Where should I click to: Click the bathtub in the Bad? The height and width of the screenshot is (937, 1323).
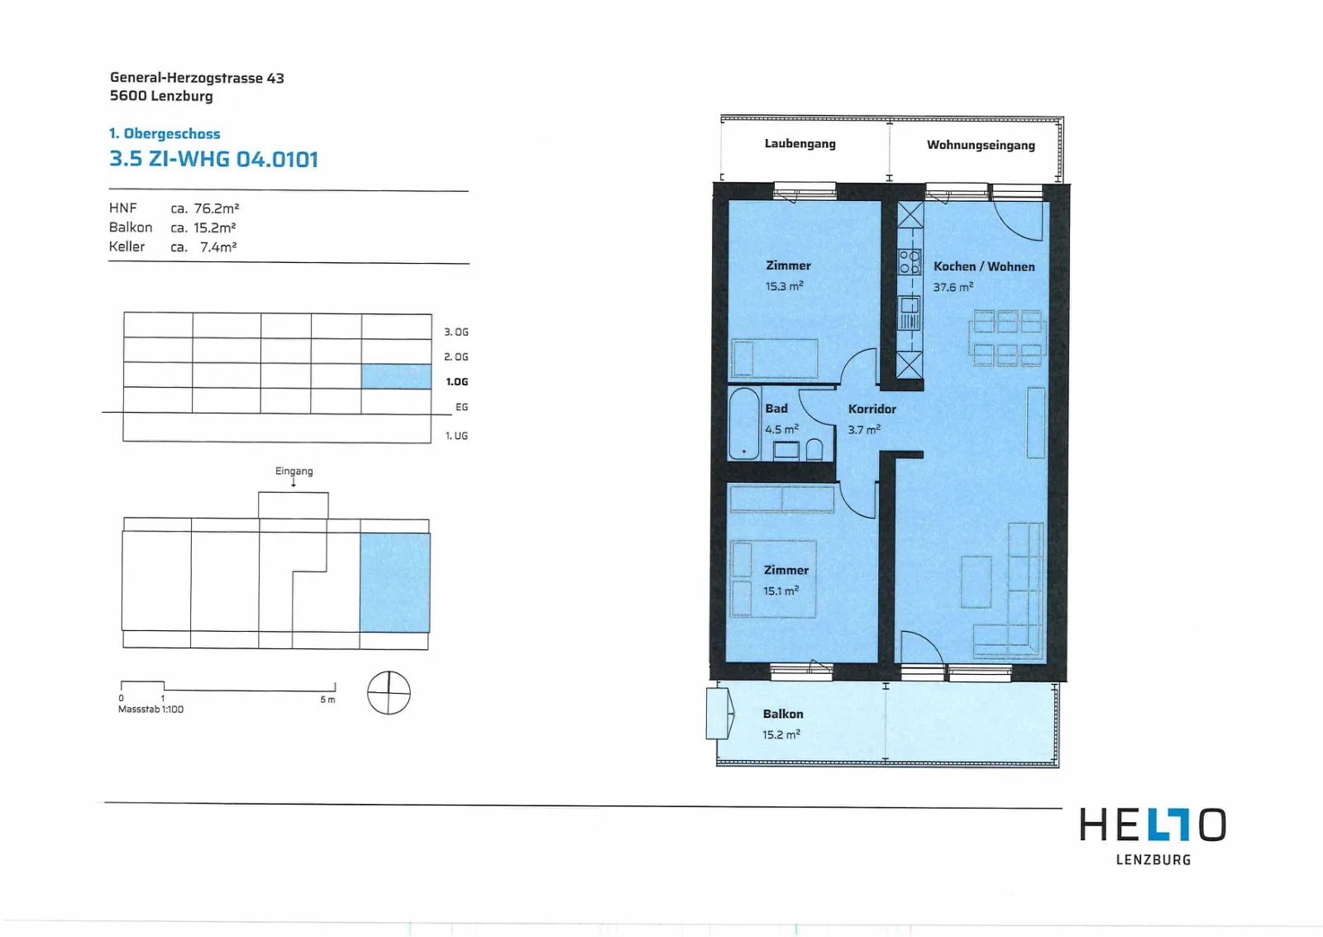[x=743, y=423]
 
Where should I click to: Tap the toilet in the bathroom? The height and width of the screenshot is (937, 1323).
[x=814, y=449]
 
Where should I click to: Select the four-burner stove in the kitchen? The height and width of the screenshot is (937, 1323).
[x=909, y=261]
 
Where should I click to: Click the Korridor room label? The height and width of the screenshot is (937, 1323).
[x=872, y=409]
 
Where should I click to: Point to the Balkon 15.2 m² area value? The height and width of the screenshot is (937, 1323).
[x=781, y=734]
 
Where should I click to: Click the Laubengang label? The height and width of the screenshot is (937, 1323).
[x=800, y=144]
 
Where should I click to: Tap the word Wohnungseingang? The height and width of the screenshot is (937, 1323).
[x=981, y=145]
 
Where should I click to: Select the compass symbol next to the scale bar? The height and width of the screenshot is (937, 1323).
[x=389, y=692]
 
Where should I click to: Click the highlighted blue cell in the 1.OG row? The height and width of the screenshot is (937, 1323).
[x=396, y=376]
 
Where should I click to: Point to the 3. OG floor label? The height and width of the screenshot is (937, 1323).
[x=456, y=332]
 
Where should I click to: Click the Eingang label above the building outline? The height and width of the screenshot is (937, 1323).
[x=294, y=471]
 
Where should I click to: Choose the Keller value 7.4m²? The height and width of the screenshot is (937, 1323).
[x=218, y=247]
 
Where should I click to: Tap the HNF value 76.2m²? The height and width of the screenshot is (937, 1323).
[x=216, y=208]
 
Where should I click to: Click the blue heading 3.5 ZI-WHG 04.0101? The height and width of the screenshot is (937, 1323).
[x=214, y=159]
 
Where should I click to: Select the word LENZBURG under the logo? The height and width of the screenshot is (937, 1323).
[x=1153, y=859]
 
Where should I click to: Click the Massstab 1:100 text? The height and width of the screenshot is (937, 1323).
[x=150, y=709]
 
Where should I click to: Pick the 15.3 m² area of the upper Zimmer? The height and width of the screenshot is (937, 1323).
[x=785, y=286]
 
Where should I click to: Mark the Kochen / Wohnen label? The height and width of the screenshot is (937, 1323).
[x=984, y=266]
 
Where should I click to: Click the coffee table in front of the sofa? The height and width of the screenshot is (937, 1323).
[x=976, y=582]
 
